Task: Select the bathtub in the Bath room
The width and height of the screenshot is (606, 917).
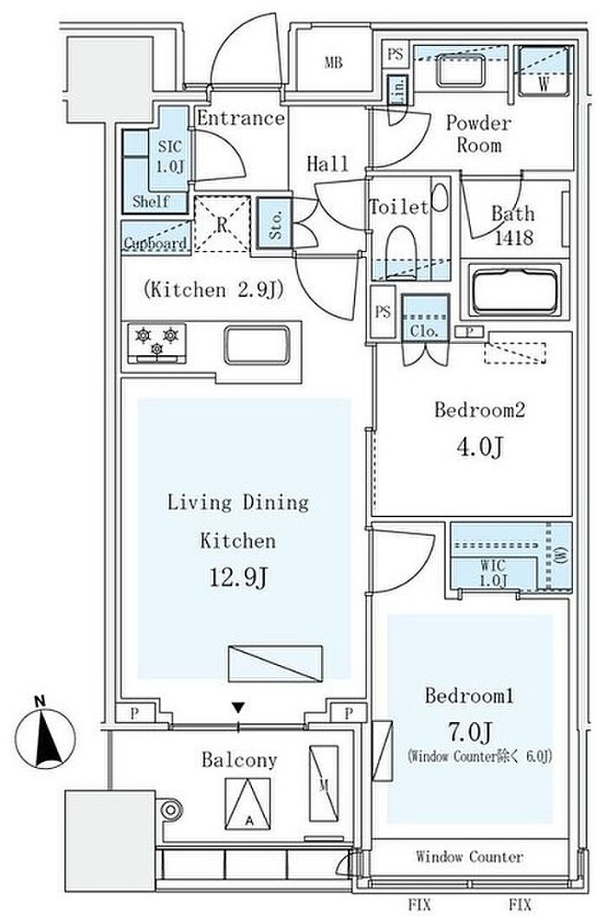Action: tap(516, 290)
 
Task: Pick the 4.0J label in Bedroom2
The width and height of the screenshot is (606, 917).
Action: tap(473, 447)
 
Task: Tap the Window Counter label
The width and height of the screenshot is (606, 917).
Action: tap(469, 857)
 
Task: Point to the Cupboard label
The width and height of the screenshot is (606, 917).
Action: tap(156, 244)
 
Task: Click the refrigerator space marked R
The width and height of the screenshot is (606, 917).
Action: tap(222, 223)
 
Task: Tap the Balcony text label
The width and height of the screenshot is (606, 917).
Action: tap(239, 760)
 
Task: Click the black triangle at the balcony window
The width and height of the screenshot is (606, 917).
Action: tap(238, 707)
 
